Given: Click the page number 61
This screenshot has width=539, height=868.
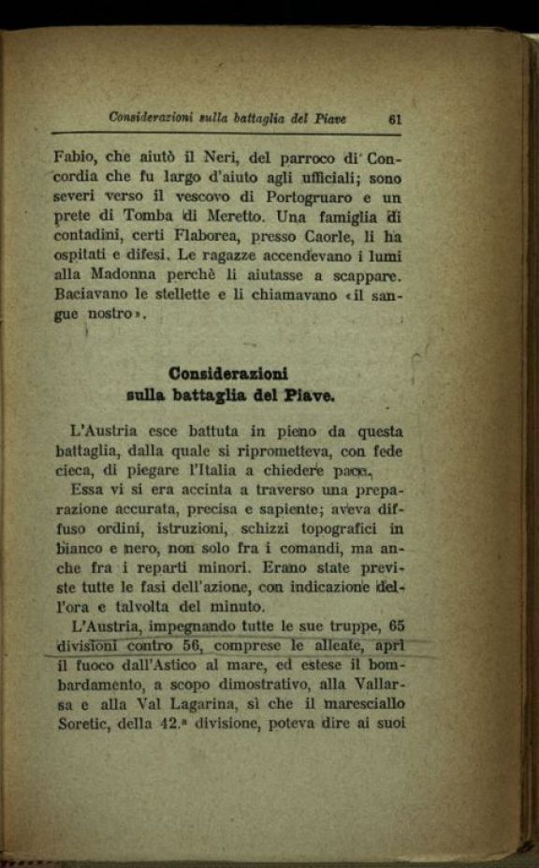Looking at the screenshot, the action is [394, 119].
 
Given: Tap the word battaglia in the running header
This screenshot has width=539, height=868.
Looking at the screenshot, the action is [241, 118].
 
